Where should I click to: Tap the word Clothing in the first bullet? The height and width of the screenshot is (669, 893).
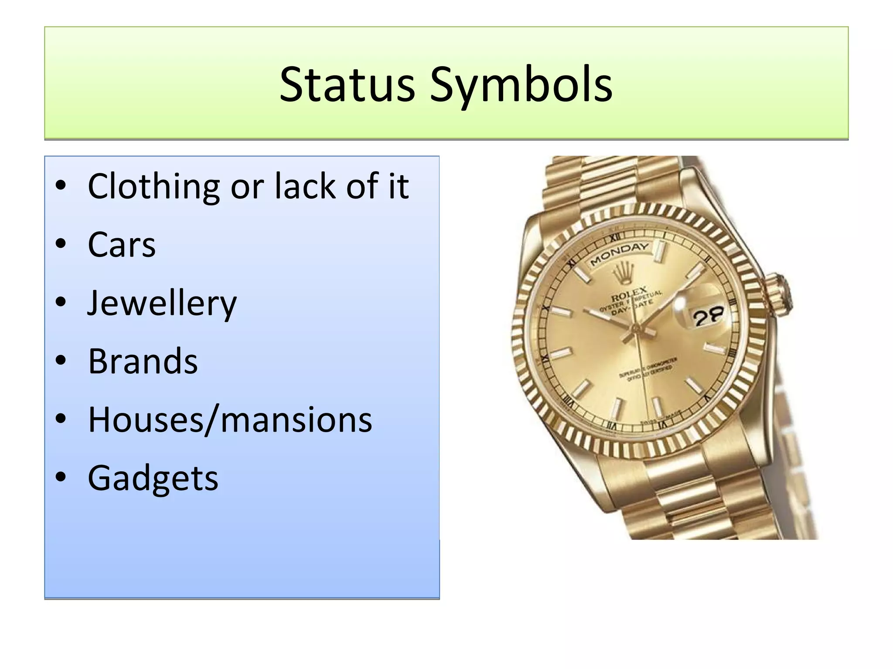tap(153, 187)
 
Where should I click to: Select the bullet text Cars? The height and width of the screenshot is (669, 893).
tap(122, 245)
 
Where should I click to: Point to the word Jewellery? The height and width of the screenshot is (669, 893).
tap(162, 304)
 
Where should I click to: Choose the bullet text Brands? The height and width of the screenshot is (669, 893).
tap(143, 361)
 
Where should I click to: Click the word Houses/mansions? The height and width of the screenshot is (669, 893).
tap(230, 420)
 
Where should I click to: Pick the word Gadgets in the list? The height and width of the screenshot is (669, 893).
tap(153, 478)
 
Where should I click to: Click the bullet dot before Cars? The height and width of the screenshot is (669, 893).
tap(61, 244)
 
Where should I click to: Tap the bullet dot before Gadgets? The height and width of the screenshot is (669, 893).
tap(61, 477)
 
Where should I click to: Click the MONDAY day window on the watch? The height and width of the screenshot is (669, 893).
tap(620, 253)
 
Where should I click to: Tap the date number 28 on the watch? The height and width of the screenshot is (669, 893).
tap(708, 316)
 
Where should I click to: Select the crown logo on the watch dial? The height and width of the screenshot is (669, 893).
tap(622, 273)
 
